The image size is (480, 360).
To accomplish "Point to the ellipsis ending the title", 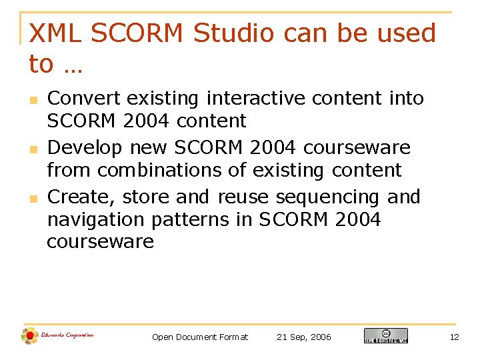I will coord(73,65).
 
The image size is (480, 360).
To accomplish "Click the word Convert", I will coord(84,99).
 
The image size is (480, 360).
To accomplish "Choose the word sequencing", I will coord(327,198).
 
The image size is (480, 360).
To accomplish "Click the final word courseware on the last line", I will coord(100,242).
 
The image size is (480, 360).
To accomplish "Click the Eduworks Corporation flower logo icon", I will coord(29,335).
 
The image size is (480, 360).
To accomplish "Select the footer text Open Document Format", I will coord(199,337).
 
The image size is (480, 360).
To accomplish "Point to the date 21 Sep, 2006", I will coord(303,337).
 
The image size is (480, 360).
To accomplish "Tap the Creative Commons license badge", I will coord(385,336).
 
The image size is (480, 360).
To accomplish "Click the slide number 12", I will coord(454,337).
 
